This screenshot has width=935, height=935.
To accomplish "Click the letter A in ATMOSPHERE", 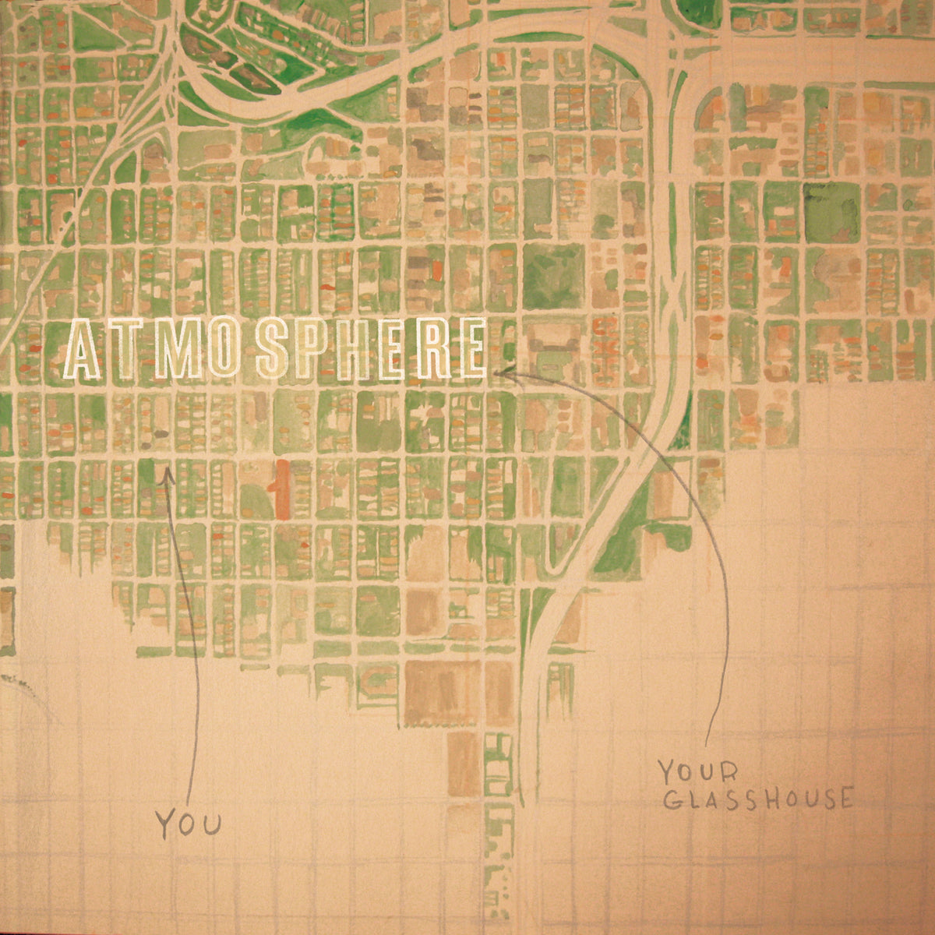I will point(83,351).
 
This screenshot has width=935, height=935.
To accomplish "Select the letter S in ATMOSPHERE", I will point(274,351).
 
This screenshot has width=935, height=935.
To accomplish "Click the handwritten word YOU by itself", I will point(187,823).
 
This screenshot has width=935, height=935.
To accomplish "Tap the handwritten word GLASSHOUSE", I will point(755,800).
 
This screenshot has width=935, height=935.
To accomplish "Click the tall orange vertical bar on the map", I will point(280,489).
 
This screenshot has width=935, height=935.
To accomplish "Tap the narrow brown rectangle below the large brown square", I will point(462,753).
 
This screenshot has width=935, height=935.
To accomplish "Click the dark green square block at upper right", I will point(831,211).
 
